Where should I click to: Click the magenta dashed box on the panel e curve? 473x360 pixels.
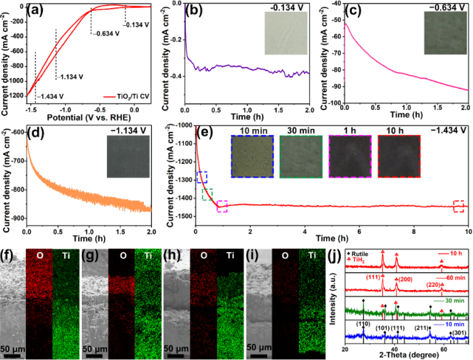pos(222,206)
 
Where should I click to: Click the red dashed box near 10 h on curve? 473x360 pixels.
pos(459,206)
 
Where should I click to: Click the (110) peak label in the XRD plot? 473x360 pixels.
pos(362,322)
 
